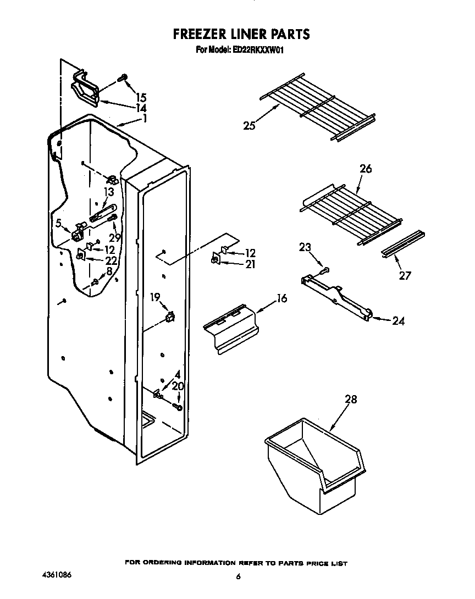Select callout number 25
250,126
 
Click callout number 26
366,169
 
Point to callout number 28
351,400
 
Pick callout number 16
281,298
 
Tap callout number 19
156,297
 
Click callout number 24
398,321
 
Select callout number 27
405,275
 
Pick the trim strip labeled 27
402,243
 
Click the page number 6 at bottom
238,576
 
